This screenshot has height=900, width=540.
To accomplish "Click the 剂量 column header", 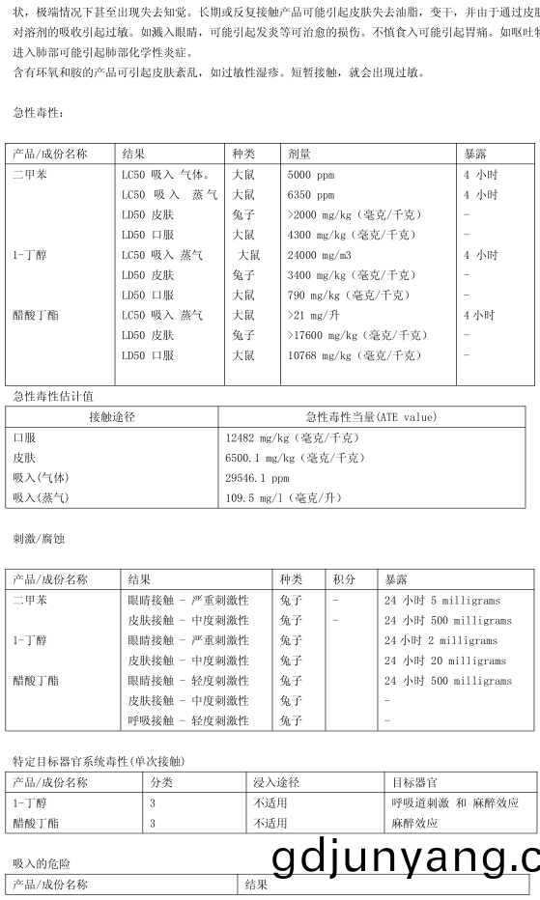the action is click(x=298, y=154).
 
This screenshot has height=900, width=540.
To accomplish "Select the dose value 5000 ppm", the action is click(x=311, y=175).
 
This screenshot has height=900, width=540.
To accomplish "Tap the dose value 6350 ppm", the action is click(x=311, y=194).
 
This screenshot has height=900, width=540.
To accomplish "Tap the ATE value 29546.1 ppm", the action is click(x=256, y=477).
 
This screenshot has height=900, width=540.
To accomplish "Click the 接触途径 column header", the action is click(x=111, y=416).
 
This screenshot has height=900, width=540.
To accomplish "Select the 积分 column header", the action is click(x=344, y=579).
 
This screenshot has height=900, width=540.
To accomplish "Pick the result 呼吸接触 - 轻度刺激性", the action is click(x=187, y=720).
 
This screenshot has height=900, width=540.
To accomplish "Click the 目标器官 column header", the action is click(x=413, y=782).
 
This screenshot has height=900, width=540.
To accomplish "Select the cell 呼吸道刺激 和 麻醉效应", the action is click(x=454, y=802).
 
